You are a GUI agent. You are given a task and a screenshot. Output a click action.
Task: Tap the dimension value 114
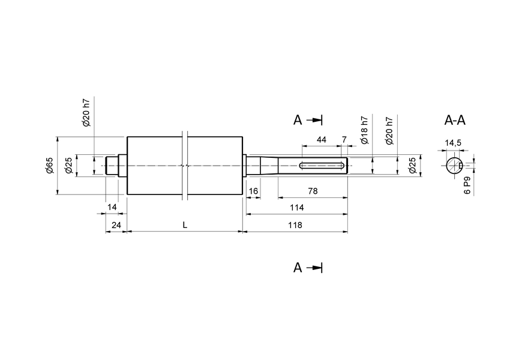point(296,208)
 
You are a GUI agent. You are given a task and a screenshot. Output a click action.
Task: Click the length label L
point(185,224)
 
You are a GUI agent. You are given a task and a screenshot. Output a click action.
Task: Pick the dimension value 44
point(322,139)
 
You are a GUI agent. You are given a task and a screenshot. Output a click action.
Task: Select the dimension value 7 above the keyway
point(344,139)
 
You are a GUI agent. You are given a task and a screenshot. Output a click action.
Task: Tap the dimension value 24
point(116,224)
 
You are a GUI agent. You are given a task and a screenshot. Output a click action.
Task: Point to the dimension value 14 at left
point(112,207)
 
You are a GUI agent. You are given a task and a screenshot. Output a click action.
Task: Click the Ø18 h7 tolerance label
point(364,131)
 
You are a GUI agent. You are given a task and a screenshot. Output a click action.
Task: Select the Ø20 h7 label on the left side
point(86,112)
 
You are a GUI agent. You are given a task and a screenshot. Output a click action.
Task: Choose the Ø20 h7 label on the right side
point(389,131)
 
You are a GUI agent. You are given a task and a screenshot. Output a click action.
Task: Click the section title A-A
point(455,120)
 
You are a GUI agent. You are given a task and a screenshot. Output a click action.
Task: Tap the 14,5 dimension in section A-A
point(452,143)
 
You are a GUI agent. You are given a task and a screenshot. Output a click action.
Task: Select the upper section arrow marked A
point(308,120)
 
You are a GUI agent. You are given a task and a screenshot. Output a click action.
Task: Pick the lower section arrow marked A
point(308,268)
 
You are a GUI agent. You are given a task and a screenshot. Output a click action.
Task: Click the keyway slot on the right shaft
point(322,166)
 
